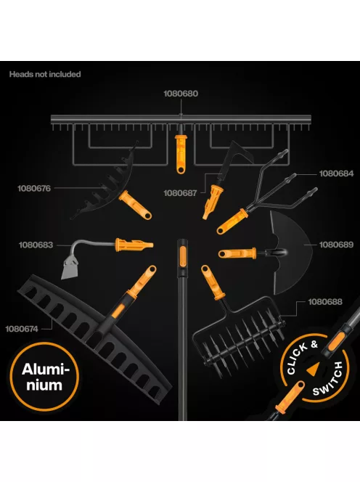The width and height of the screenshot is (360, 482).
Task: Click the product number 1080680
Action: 181,94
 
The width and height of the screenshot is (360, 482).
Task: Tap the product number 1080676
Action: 34,188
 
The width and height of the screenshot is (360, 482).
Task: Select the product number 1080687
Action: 180,193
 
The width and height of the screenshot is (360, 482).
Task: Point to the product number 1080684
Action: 336,173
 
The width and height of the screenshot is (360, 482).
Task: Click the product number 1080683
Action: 36,245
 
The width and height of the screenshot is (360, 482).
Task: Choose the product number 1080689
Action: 336,245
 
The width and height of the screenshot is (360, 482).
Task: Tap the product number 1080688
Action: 325,302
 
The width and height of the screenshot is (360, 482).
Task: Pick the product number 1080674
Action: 22,329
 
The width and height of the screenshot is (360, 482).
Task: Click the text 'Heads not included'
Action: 45,74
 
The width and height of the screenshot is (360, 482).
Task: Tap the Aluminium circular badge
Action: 44,377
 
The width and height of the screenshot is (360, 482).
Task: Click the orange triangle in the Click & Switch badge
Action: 312,369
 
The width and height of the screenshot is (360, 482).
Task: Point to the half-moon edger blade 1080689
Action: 291,253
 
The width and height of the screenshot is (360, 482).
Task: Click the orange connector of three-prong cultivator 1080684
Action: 232,221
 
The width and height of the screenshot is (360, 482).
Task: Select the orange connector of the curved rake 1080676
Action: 135,205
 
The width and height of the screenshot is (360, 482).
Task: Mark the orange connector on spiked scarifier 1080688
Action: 213,282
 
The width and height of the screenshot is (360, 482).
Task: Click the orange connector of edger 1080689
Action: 237,253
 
